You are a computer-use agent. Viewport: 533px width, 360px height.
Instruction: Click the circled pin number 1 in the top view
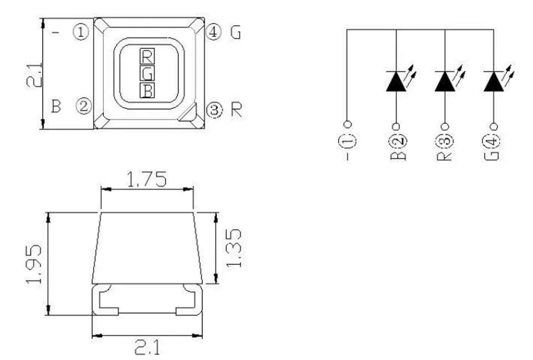pyautogui.click(x=81, y=32)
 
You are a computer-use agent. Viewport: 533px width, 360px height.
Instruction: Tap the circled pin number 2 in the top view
pyautogui.click(x=83, y=106)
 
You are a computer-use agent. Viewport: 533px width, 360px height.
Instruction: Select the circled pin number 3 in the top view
pyautogui.click(x=214, y=110)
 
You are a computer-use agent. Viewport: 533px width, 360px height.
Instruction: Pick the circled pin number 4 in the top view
pyautogui.click(x=213, y=32)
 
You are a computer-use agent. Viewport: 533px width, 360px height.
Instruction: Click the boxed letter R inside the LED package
pyautogui.click(x=147, y=56)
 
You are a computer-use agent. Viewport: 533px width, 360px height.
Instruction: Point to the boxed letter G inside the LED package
pyautogui.click(x=147, y=73)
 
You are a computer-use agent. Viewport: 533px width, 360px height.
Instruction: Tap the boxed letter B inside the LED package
pyautogui.click(x=147, y=90)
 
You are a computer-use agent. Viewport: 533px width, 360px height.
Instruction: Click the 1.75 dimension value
pyautogui.click(x=147, y=179)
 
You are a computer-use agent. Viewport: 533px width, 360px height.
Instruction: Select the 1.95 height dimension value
pyautogui.click(x=34, y=264)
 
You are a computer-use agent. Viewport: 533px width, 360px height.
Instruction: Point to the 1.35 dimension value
pyautogui.click(x=234, y=248)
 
